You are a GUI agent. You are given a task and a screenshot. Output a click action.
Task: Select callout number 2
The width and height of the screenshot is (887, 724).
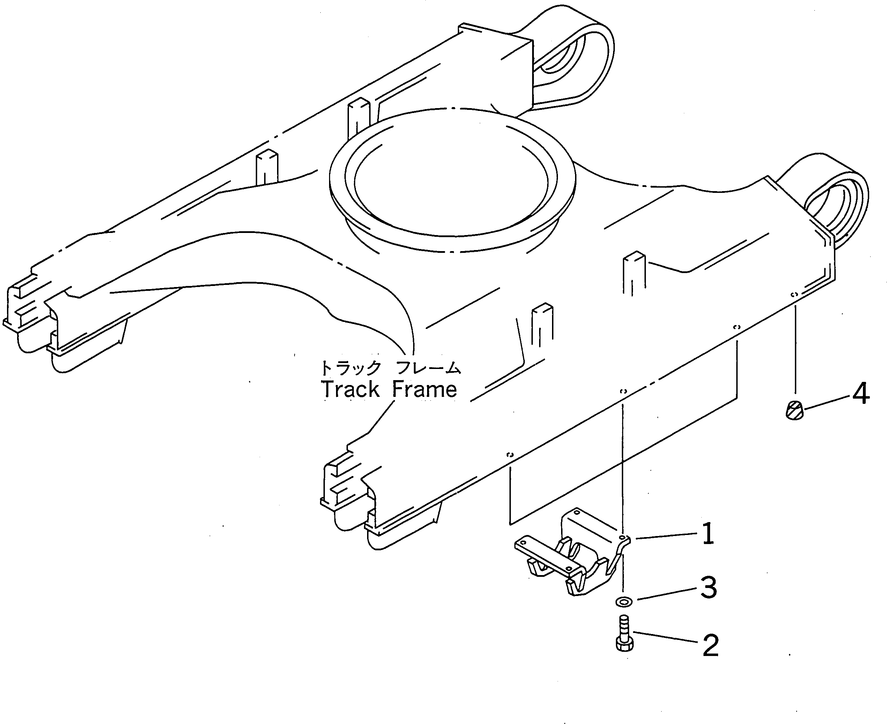click(x=710, y=645)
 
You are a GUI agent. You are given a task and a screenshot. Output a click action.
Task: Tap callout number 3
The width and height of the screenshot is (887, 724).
click(x=708, y=588)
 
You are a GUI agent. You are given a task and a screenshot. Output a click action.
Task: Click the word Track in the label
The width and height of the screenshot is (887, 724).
click(x=350, y=390)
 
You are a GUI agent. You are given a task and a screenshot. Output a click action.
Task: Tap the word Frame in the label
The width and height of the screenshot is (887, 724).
click(x=425, y=390)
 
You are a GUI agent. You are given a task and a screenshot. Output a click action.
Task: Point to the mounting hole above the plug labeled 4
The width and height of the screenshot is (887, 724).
click(x=795, y=294)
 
